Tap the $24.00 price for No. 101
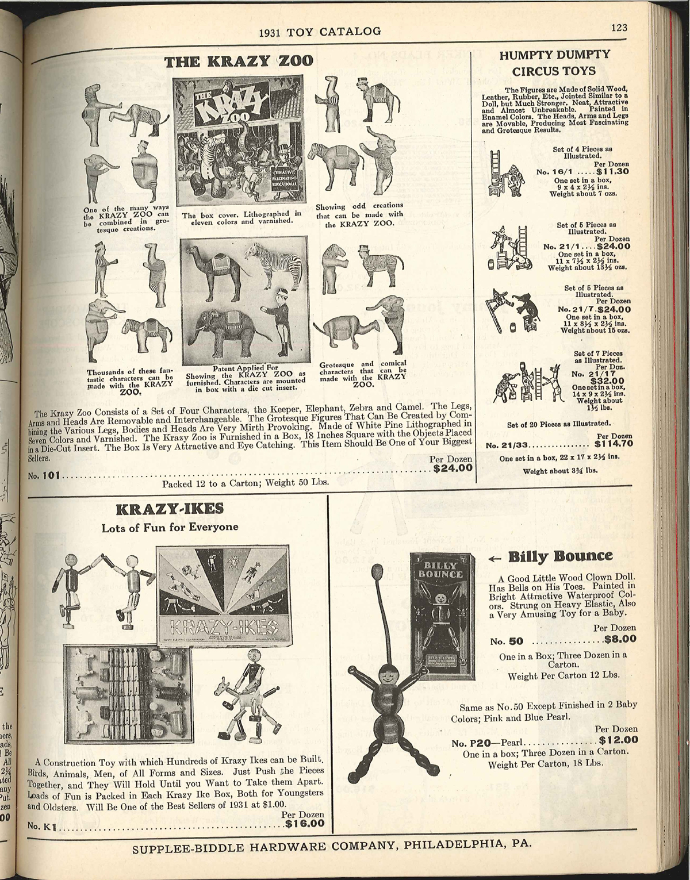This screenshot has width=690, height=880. point(453,468)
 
